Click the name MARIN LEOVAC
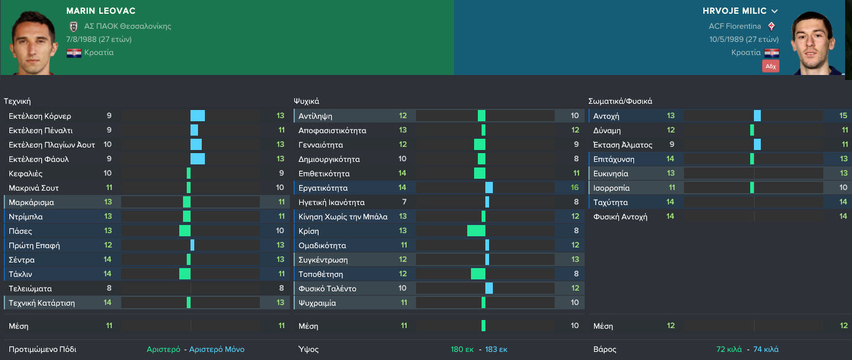101,11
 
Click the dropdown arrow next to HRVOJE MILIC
775,11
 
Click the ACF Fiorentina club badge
771,26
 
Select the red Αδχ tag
770,66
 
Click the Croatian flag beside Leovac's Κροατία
74,53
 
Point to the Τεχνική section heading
17,101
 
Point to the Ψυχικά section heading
307,101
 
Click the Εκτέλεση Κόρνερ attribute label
40,116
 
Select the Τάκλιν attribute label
21,274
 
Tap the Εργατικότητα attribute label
323,188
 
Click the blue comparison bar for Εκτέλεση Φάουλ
197,159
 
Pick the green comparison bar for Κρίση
476,231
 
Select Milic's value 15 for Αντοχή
843,116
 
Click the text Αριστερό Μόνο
217,349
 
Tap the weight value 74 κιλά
766,349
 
